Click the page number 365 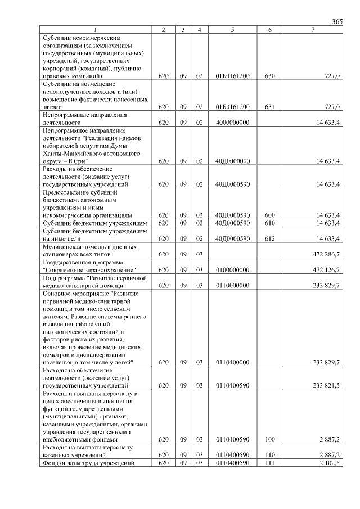337,21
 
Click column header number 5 232,29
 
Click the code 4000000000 232,122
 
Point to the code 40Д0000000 232,161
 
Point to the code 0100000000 232,269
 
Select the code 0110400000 232,362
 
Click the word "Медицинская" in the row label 62,246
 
